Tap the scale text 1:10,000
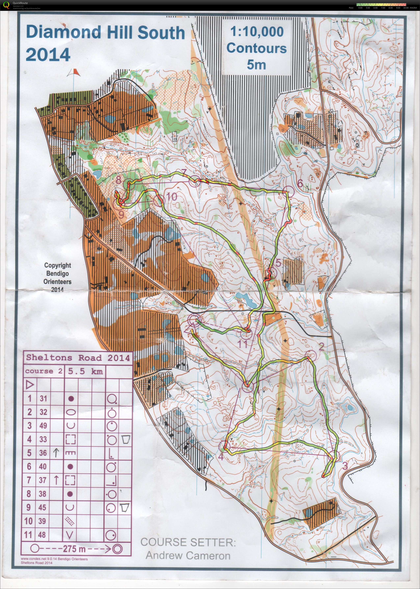coord(257,32)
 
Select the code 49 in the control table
coord(43,425)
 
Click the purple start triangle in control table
coord(30,385)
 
